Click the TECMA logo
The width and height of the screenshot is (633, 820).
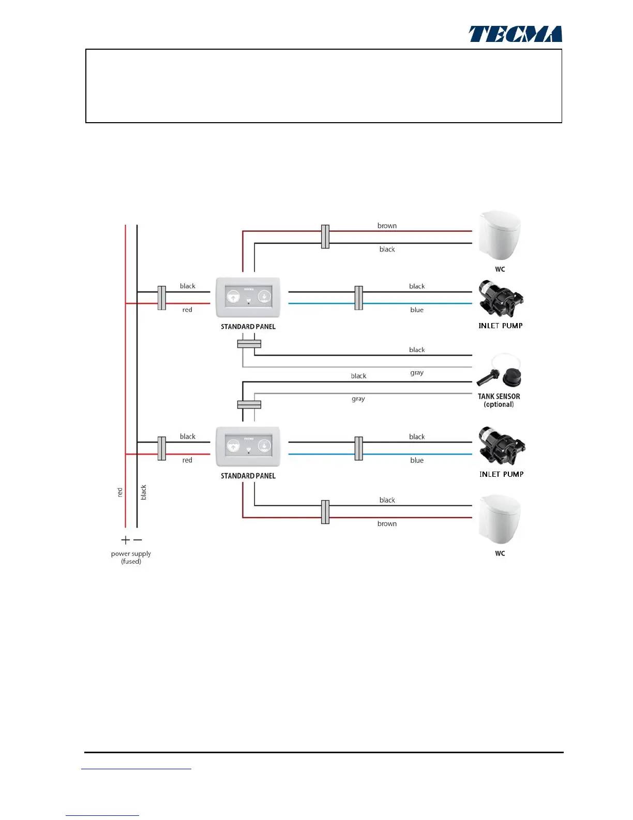[515, 34]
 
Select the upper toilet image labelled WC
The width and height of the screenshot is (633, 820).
[500, 236]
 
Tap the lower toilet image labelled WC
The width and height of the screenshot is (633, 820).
[500, 520]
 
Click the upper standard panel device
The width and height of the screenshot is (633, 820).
[248, 297]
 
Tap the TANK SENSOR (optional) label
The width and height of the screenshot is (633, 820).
[499, 400]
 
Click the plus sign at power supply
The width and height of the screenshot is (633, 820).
[125, 540]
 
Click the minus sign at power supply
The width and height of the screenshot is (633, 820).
[138, 540]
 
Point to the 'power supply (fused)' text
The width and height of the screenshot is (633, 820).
[131, 557]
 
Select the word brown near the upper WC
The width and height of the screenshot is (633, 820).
[387, 226]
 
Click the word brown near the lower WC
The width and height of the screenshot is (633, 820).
[387, 524]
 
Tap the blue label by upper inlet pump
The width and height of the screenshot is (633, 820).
[417, 310]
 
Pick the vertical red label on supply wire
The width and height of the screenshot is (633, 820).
[120, 492]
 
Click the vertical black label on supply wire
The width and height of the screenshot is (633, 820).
[144, 492]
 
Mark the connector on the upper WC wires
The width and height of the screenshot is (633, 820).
[325, 237]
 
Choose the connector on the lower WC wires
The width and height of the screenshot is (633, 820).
[325, 512]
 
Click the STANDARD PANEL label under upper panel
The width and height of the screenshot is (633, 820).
[248, 327]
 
